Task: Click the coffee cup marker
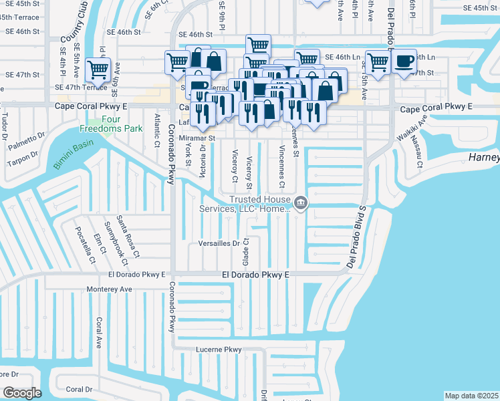[404, 61]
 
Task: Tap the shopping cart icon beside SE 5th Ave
[98, 68]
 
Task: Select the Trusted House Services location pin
[301, 202]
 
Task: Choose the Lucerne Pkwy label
[218, 350]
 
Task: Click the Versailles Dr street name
[219, 244]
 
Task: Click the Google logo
[23, 392]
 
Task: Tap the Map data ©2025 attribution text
[471, 396]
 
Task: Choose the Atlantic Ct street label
[157, 130]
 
